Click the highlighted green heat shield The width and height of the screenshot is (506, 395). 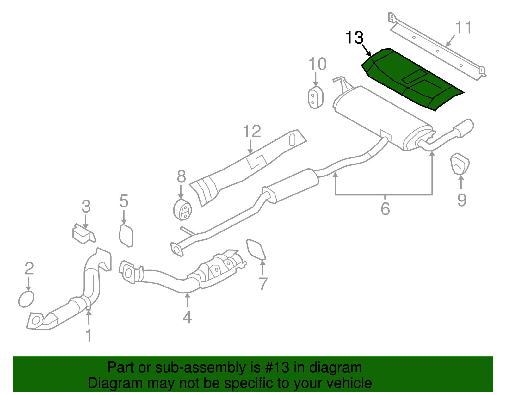(411, 79)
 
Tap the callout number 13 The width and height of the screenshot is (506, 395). (354, 38)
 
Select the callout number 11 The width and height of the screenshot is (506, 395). (463, 28)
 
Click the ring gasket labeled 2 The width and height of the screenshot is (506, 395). (26, 299)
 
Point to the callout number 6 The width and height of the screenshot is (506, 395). (385, 209)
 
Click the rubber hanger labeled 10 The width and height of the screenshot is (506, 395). (315, 97)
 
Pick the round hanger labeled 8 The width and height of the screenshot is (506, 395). (183, 209)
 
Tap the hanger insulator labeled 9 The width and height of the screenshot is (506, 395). (460, 164)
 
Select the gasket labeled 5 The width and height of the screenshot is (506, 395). (126, 235)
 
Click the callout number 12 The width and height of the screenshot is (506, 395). (252, 131)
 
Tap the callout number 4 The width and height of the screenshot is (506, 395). (187, 317)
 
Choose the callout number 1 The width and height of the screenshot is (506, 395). (89, 335)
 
